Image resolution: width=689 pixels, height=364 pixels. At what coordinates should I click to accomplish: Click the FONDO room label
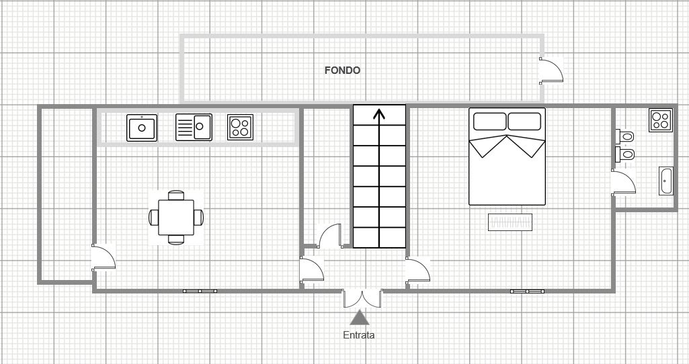click(342, 71)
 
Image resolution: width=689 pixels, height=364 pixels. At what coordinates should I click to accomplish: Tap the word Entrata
click(359, 335)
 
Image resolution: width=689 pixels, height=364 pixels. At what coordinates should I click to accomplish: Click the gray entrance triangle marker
click(360, 317)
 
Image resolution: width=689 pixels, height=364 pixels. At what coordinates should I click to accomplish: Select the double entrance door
click(362, 298)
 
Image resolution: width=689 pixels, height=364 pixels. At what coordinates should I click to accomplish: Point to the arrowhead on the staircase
click(379, 113)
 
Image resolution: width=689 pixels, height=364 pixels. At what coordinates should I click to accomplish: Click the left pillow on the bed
click(489, 122)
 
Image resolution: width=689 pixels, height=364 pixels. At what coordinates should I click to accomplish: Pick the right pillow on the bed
click(524, 122)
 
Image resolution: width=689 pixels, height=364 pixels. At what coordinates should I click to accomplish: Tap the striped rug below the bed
click(510, 222)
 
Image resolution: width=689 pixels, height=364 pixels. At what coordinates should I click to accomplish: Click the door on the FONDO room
click(551, 71)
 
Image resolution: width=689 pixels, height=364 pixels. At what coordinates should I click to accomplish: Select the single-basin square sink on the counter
click(141, 128)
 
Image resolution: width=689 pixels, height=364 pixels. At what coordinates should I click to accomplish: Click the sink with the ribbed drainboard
click(194, 128)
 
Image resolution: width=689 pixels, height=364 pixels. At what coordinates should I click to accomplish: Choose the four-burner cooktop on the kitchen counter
click(241, 128)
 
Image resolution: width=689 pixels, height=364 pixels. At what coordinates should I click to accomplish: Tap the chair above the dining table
click(176, 195)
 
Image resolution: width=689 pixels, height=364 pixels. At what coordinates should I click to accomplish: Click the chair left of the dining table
click(154, 218)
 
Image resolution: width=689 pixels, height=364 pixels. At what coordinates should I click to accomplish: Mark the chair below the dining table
click(176, 240)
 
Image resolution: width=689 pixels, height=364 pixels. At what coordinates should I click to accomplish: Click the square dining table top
click(176, 218)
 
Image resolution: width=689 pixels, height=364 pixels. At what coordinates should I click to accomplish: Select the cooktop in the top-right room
click(661, 120)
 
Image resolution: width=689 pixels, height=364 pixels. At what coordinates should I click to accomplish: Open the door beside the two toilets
click(623, 182)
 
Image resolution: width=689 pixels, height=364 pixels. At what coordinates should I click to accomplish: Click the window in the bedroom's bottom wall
click(527, 291)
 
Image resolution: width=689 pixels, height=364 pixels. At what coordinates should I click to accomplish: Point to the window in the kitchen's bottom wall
click(200, 291)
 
